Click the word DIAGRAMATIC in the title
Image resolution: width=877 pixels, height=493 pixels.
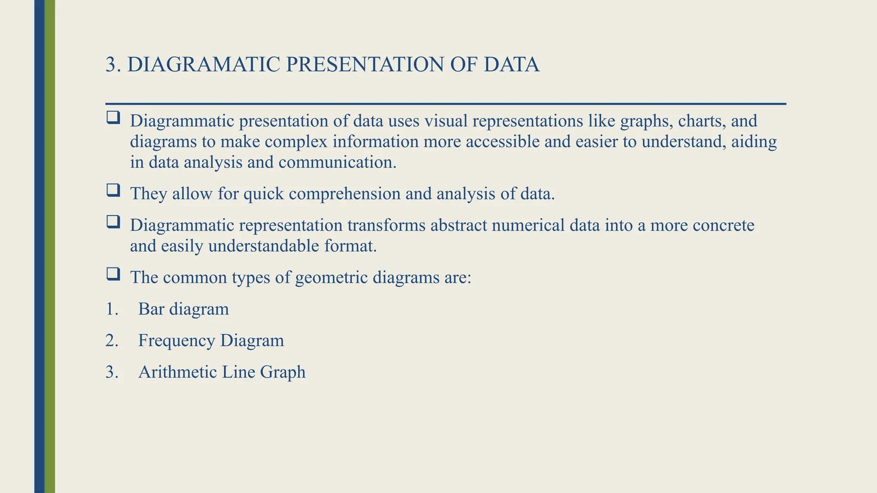tap(204, 65)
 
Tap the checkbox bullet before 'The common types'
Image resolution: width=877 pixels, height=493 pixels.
tap(113, 274)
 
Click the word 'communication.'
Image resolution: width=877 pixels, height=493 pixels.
tap(337, 162)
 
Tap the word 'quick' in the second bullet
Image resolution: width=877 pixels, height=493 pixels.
tap(263, 194)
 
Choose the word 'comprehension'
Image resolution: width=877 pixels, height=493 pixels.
tap(344, 194)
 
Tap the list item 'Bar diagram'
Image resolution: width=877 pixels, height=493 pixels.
tap(183, 309)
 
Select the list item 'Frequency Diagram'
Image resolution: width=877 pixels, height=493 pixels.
tap(211, 341)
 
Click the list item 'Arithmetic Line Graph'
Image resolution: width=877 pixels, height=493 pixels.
tap(222, 372)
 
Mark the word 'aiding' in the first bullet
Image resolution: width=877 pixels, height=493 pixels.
tap(754, 142)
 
